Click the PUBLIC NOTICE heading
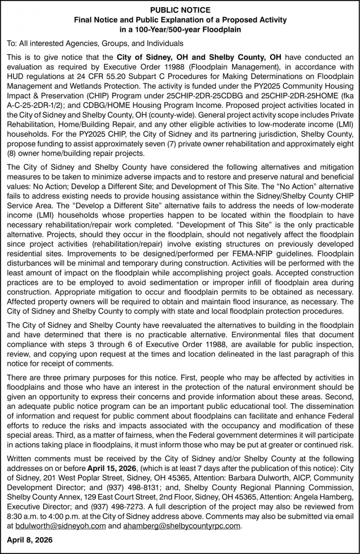pos(180,9)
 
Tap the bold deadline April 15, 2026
pos(112,469)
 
